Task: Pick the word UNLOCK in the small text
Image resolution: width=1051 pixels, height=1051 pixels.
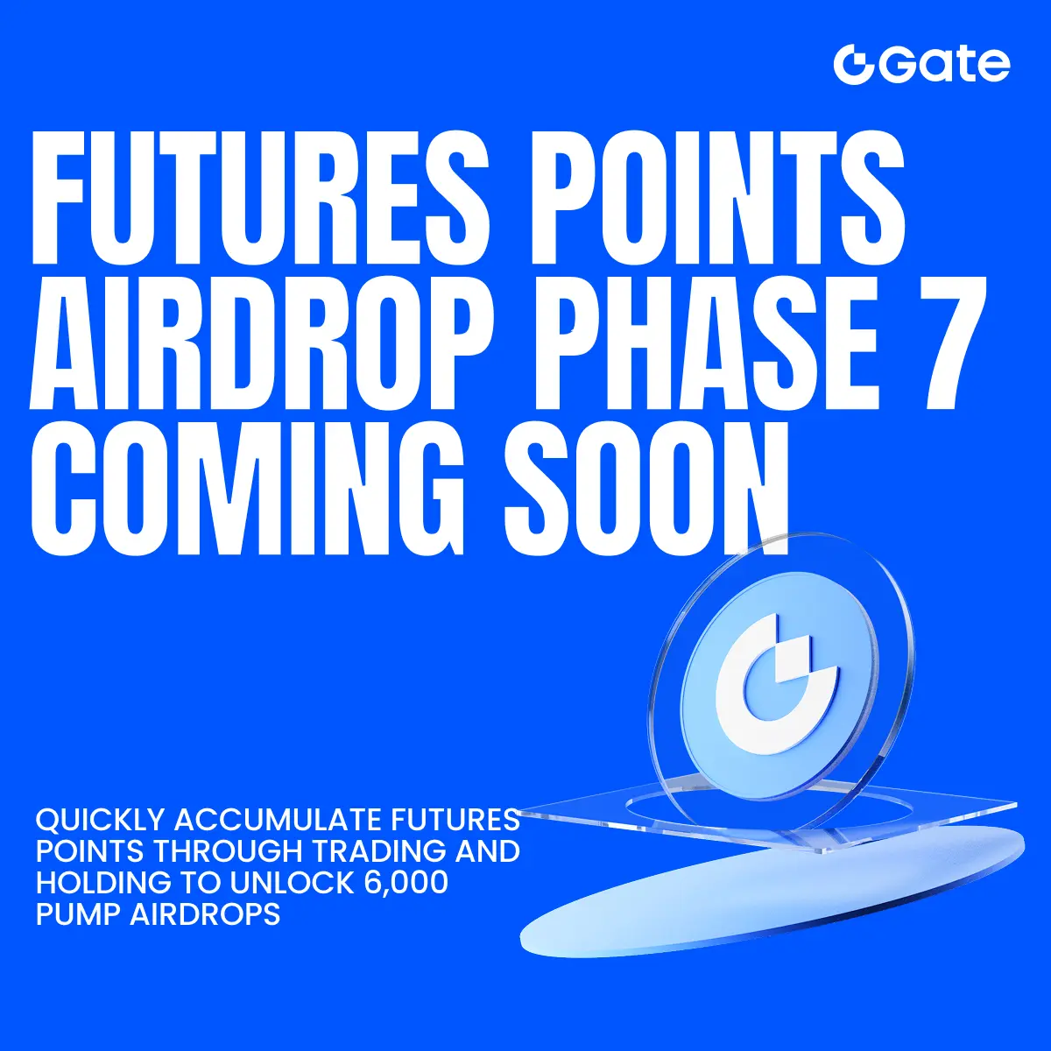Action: click(x=292, y=883)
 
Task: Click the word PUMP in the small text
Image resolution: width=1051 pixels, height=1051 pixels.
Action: click(x=77, y=914)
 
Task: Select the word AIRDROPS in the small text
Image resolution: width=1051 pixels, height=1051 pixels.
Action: click(x=205, y=914)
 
